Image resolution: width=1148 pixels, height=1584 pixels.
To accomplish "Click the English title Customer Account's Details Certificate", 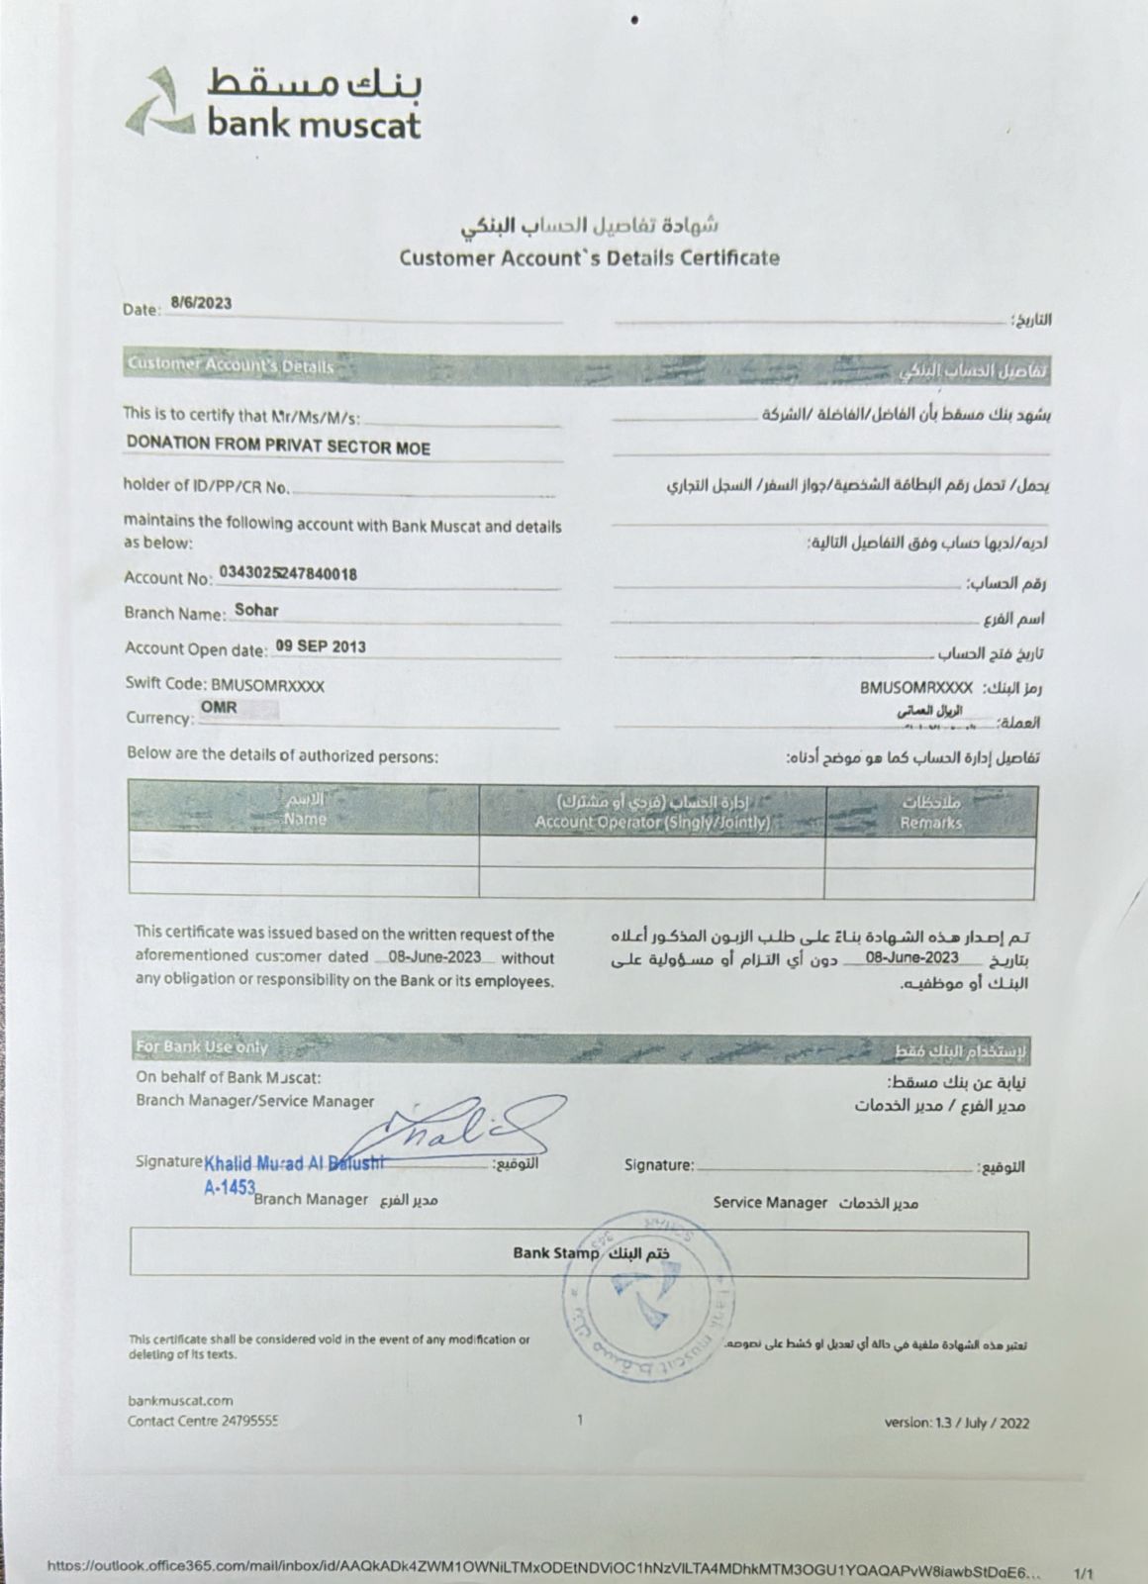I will click(589, 258).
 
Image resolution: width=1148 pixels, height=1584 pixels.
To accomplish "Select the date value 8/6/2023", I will click(201, 304).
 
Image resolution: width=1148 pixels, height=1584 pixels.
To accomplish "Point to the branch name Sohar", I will click(256, 611).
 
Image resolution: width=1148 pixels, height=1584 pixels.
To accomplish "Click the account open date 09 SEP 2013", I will click(320, 646).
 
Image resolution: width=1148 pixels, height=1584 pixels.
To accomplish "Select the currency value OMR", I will click(219, 709).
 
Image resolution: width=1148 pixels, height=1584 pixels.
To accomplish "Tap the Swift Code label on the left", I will click(166, 684).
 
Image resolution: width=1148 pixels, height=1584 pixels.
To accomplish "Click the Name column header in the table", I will click(304, 819).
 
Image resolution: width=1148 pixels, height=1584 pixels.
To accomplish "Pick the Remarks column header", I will click(930, 822).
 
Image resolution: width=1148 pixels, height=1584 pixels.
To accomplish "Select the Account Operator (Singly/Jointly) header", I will click(652, 822).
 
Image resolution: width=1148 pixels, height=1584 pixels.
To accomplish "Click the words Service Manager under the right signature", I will click(770, 1202).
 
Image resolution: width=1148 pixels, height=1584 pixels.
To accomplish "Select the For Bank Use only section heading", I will click(202, 1046).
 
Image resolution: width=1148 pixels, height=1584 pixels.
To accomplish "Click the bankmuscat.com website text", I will click(181, 1400).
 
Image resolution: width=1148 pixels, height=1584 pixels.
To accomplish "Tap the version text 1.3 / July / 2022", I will click(957, 1423).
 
